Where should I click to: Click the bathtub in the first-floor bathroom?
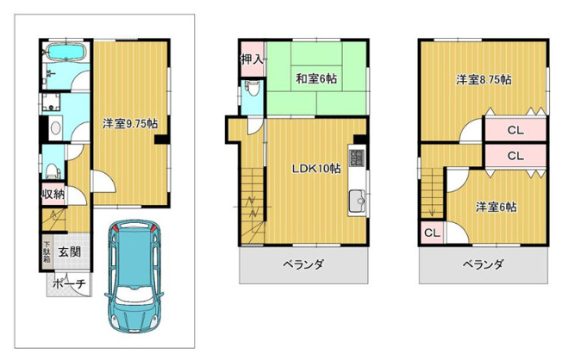(62, 53)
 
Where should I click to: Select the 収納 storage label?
(53, 193)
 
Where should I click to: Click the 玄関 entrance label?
(71, 251)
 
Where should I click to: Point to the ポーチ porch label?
(68, 283)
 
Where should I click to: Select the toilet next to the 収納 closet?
(52, 167)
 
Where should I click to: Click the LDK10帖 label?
(314, 169)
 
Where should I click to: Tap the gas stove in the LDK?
(360, 158)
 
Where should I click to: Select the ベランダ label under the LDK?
(303, 264)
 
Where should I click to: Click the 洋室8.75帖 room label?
(484, 79)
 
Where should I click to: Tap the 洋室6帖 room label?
(496, 207)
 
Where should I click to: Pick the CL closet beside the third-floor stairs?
(430, 233)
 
